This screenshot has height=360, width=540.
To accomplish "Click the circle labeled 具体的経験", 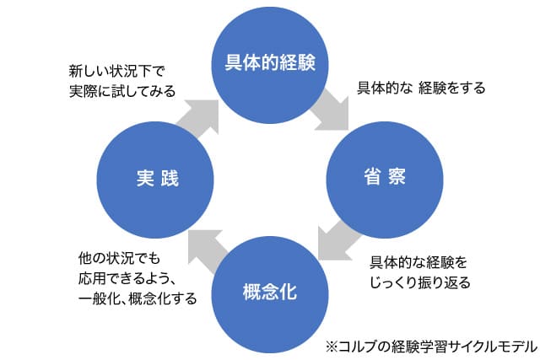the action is point(270,65).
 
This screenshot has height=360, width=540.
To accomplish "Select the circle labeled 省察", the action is point(385,180).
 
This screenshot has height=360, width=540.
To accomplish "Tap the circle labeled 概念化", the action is point(270,294).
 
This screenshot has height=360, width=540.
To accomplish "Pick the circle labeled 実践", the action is point(155,180).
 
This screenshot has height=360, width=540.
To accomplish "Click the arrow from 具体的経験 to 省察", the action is point(332,110).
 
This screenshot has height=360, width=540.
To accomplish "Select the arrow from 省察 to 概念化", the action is point(337,242).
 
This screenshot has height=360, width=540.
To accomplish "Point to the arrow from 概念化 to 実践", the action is point(208,250).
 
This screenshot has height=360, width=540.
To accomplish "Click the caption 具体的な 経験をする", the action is point(421,89).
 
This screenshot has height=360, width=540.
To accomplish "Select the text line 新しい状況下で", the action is point(117,72).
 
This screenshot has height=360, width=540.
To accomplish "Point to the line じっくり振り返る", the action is point(420,282).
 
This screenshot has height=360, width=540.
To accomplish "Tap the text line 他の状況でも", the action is point(119,258).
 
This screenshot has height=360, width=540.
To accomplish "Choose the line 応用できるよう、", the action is point(126,278).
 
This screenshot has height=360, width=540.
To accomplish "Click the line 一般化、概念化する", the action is point(138,298).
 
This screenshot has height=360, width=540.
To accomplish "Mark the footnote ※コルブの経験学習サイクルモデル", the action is point(431,347).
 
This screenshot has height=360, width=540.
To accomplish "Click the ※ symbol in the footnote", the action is point(332,347).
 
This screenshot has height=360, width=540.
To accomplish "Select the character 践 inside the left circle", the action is point(170,178).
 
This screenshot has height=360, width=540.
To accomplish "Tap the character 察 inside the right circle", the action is point(397,176).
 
